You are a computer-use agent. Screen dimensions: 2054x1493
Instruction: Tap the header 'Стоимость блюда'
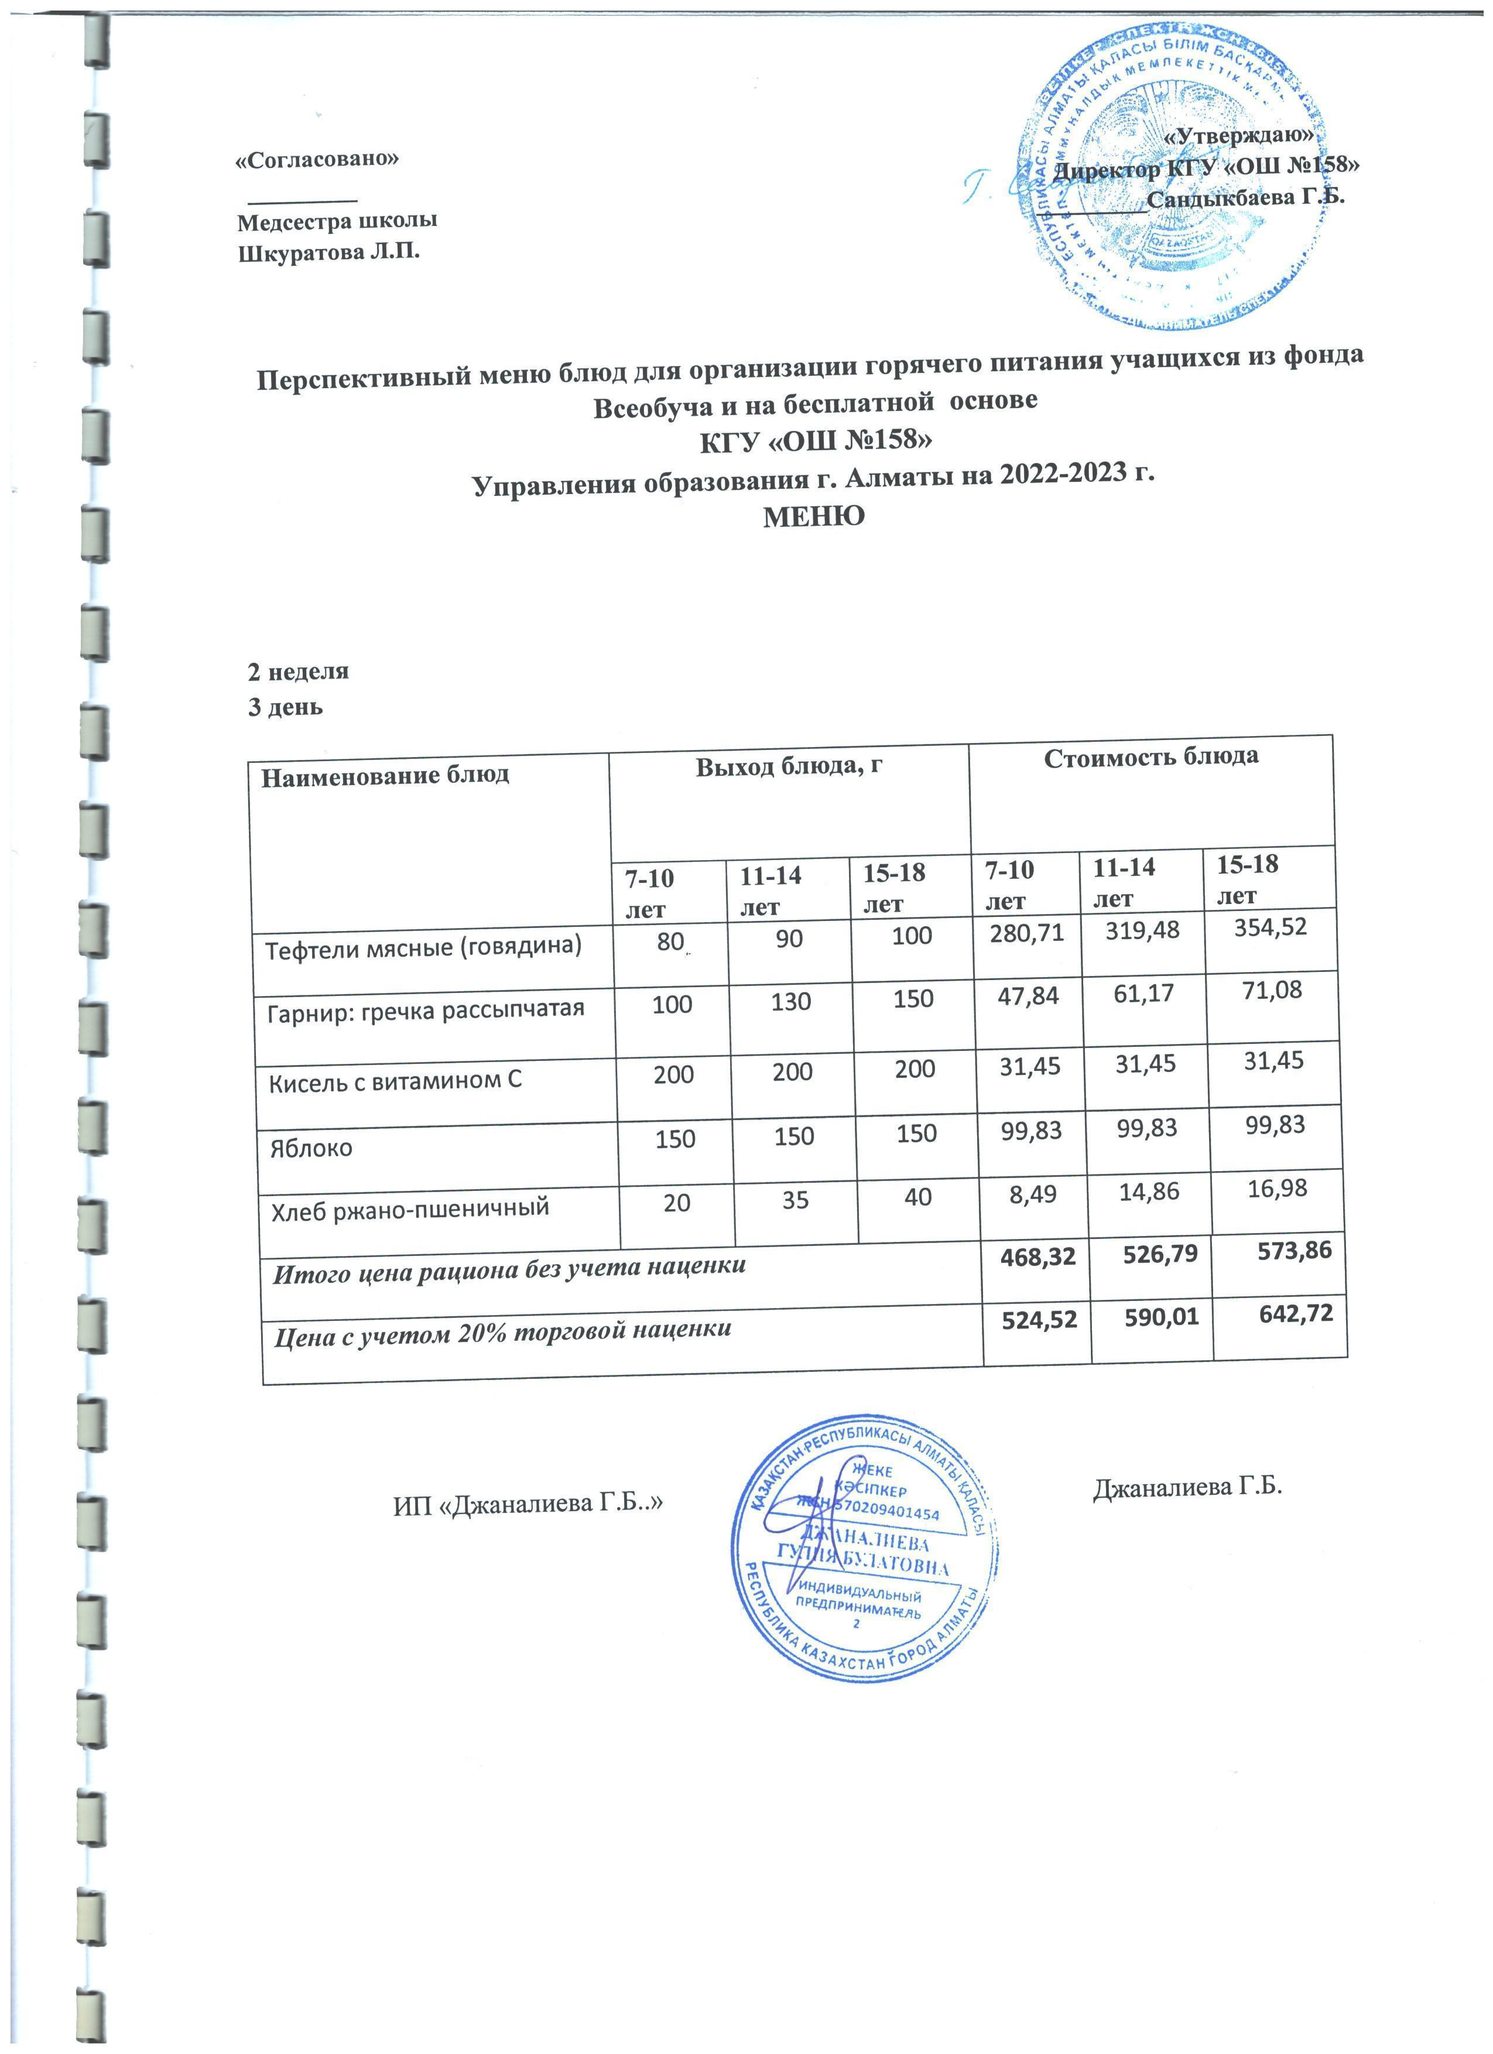coord(1150,757)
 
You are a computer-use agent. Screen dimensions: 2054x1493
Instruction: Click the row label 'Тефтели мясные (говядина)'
coord(423,947)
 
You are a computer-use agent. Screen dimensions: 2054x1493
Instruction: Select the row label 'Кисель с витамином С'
coord(396,1080)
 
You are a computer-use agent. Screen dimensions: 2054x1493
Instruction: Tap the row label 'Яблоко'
coord(310,1148)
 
